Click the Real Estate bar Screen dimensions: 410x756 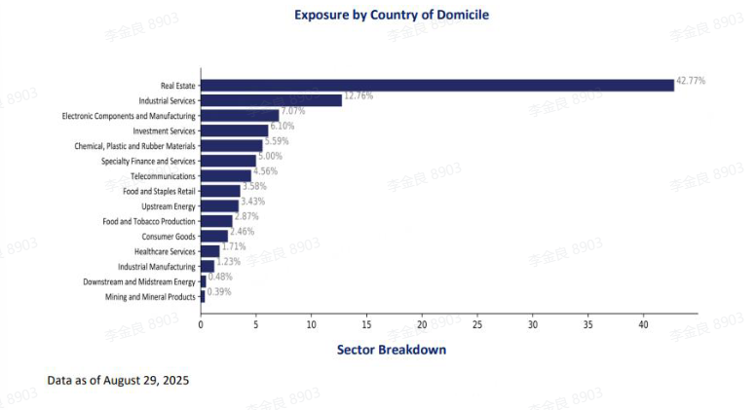click(x=437, y=85)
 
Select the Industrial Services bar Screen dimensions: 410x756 click(x=271, y=100)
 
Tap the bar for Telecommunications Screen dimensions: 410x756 click(x=226, y=176)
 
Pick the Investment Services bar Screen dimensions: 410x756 click(x=234, y=130)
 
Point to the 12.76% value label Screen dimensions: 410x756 click(x=359, y=95)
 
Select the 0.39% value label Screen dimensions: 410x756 click(x=219, y=291)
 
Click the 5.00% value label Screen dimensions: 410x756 click(x=269, y=156)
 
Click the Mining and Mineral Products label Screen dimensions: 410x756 click(x=150, y=297)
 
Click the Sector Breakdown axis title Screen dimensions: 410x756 click(x=392, y=350)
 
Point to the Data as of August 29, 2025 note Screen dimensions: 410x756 click(x=118, y=380)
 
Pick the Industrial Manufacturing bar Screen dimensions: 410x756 click(x=208, y=267)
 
